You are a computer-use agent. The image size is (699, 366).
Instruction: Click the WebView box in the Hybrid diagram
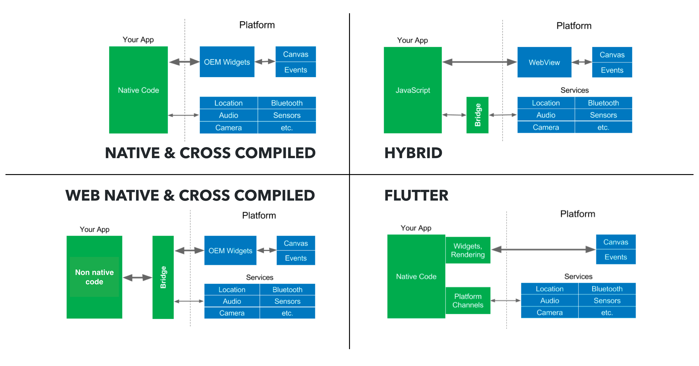click(544, 62)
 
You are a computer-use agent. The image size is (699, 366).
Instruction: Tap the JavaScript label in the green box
click(413, 90)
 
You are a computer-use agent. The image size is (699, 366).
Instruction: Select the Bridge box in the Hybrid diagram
click(477, 115)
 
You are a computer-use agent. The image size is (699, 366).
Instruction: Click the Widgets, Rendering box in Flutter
click(468, 250)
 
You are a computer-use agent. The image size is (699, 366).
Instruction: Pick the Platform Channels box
click(468, 301)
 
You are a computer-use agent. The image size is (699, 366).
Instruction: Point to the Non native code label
click(94, 277)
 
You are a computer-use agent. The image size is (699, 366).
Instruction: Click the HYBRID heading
click(413, 153)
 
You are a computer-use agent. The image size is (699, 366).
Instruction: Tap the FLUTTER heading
click(416, 195)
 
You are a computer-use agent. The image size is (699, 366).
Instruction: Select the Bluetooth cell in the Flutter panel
click(607, 289)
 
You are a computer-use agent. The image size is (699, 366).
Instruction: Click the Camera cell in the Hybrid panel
click(546, 127)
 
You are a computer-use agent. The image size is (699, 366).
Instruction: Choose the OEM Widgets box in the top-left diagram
click(227, 62)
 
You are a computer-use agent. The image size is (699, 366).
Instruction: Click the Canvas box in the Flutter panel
click(616, 242)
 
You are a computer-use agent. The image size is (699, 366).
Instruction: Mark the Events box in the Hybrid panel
click(612, 70)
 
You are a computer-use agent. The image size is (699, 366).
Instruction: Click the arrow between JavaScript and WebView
click(480, 62)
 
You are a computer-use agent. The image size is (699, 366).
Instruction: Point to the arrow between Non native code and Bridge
click(137, 277)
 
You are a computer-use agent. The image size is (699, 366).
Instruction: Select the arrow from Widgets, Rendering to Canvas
click(543, 249)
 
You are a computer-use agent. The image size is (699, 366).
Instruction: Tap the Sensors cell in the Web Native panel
click(287, 301)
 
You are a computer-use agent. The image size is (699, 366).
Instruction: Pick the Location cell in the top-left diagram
click(229, 103)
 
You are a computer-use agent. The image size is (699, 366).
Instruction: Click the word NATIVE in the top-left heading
click(132, 153)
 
